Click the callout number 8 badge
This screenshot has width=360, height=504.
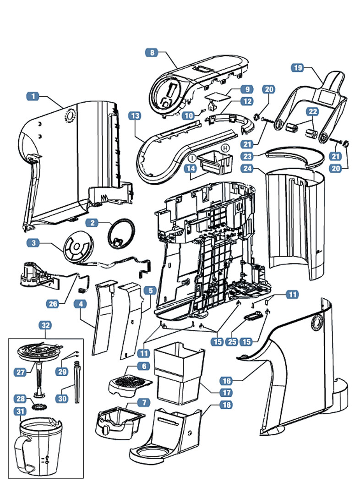153,53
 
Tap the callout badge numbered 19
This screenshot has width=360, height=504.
298,68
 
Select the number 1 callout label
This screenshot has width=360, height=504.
33,97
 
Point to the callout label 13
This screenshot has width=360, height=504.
134,116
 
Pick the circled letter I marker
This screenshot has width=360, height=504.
193,157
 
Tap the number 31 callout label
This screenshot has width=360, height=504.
20,411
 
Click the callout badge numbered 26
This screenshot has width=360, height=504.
53,302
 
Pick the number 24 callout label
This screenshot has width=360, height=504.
247,169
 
